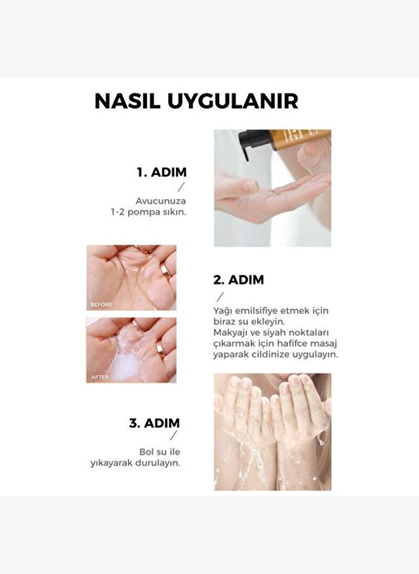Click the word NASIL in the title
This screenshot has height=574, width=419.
tap(128, 100)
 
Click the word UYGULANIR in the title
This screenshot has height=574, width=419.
tap(233, 100)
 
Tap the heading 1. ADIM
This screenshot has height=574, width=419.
tap(162, 172)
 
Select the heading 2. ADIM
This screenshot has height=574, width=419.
tap(238, 280)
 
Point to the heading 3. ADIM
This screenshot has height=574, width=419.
tap(154, 423)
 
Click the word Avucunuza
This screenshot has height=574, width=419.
tap(160, 201)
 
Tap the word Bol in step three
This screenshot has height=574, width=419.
tap(147, 452)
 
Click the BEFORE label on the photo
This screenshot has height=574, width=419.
tap(101, 304)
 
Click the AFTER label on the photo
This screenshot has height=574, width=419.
tap(100, 377)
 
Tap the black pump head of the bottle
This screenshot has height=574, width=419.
tap(253, 141)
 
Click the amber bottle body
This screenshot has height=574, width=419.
tap(300, 139)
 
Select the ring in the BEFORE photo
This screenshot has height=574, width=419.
tap(165, 271)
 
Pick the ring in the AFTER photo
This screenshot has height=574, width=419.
tap(161, 349)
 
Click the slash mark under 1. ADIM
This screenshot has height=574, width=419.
tap(181, 187)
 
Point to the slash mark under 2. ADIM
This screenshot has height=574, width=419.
tap(220, 297)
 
